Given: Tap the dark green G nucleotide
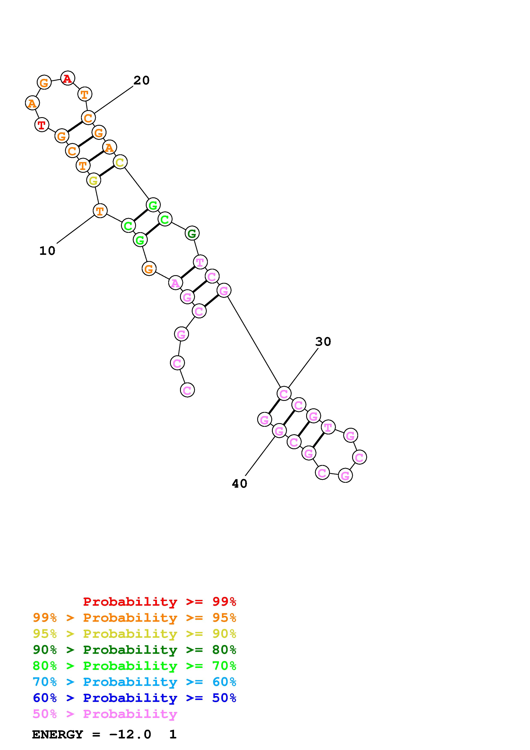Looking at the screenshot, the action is coord(192,233).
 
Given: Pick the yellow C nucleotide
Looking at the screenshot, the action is coord(120,162).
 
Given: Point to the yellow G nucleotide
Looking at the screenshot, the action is coord(93,180).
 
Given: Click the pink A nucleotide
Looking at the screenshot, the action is coord(175,283).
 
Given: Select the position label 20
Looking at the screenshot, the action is coord(141,80).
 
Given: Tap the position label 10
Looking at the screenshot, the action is coord(47,251).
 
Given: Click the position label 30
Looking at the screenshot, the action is coord(323,342).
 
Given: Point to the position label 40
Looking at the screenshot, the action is coord(240,483).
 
